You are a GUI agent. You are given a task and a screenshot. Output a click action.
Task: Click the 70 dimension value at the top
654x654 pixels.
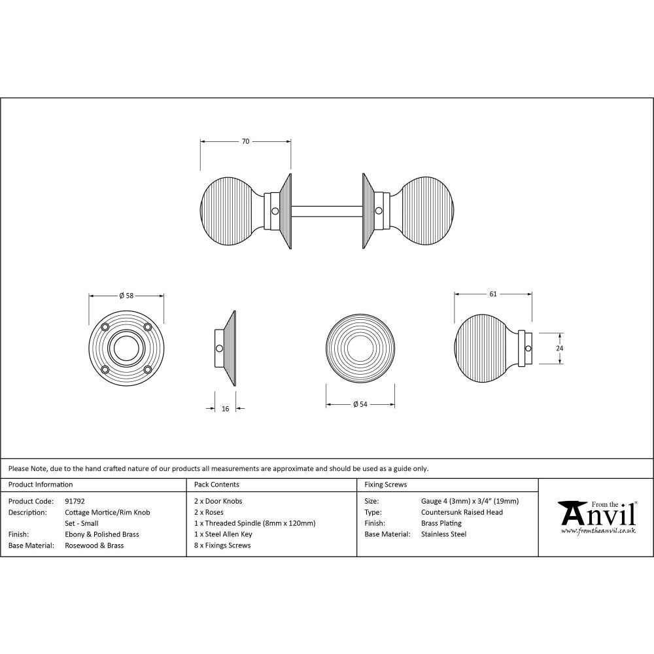245,141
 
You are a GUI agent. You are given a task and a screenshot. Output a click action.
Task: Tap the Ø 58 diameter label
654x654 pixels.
126,295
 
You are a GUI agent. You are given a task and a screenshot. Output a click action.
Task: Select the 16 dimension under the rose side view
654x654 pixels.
226,409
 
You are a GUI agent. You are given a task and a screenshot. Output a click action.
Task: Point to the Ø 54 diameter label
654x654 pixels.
360,404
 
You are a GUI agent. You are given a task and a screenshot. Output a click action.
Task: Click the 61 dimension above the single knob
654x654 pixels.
493,294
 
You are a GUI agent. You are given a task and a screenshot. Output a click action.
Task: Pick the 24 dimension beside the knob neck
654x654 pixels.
559,349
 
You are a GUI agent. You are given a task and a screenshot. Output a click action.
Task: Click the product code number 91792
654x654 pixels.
75,501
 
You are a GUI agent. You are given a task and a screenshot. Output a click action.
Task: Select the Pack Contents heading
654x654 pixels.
216,485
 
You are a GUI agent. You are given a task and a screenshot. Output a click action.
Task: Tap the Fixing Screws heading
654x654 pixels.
385,485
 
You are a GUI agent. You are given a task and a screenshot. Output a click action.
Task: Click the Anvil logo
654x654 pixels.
596,517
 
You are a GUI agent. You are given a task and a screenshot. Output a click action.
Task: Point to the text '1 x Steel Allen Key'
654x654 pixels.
223,534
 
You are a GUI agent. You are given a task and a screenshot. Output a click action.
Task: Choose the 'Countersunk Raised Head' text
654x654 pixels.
462,512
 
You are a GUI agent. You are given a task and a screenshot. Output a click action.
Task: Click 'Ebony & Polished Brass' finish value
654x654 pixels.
102,534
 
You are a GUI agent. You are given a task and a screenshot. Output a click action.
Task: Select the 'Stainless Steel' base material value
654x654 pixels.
444,534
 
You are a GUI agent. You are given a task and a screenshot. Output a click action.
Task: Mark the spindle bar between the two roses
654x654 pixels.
327,211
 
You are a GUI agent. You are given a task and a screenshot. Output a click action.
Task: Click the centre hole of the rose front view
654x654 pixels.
126,348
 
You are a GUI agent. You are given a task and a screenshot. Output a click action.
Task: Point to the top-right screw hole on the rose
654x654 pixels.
148,327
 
